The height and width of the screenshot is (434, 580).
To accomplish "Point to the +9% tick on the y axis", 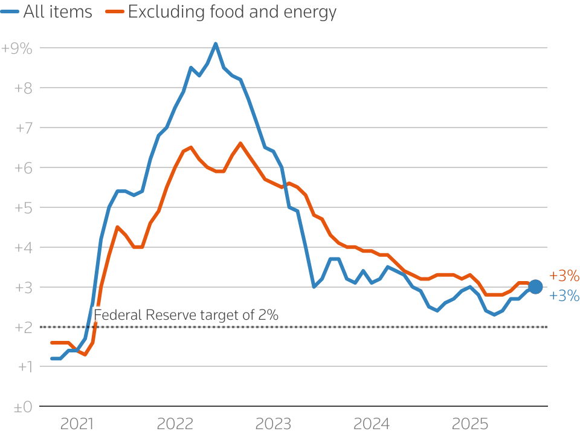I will point(17,48).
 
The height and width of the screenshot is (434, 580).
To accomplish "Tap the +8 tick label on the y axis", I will point(22,88).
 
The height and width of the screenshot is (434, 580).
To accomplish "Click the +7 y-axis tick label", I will point(22,128).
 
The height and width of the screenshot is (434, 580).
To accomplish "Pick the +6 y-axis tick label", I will point(22,168).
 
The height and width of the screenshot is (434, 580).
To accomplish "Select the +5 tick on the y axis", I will point(22,208).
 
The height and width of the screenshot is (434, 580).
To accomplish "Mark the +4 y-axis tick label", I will point(22,248).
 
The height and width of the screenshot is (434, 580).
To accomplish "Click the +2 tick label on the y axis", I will point(22,328).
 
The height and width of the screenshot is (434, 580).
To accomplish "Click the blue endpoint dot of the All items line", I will point(535,287).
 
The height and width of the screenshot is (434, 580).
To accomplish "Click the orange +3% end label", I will point(564,276).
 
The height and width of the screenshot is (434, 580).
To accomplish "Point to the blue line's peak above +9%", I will point(216,44).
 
